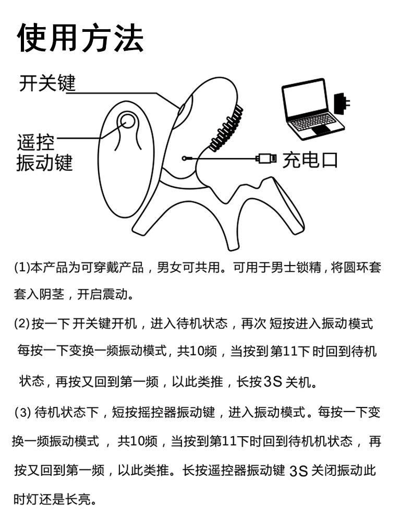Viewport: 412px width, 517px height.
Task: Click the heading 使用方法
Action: pyautogui.click(x=81, y=38)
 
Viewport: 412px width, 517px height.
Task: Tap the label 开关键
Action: pyautogui.click(x=47, y=83)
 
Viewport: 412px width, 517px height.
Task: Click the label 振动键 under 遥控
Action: pyautogui.click(x=44, y=163)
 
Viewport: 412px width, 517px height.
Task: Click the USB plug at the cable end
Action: pyautogui.click(x=266, y=158)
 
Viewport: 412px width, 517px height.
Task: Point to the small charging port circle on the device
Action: pyautogui.click(x=185, y=158)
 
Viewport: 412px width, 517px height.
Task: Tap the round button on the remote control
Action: pyautogui.click(x=127, y=122)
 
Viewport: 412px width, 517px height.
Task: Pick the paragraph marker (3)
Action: pyautogui.click(x=23, y=414)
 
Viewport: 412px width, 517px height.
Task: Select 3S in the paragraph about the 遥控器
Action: pyautogui.click(x=299, y=472)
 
